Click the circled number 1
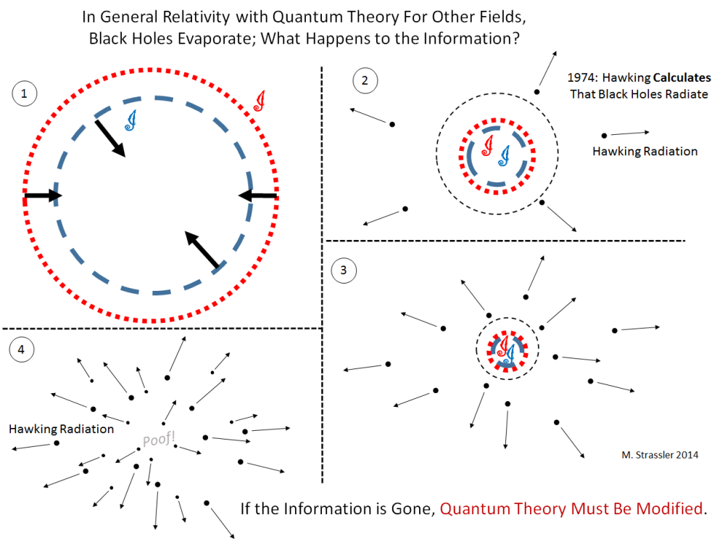pos(24,94)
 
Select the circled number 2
pos(365,81)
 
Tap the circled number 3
pos(344,270)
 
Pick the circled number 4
pos(21,350)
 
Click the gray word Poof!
pos(159,439)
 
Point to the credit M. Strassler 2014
pos(660,456)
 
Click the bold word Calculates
pos(682,78)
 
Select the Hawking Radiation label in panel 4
pos(62,429)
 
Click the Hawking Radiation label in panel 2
pos(645,152)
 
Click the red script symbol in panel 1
pos(260,102)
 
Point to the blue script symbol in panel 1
pos(131,120)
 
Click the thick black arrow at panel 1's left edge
pos(43,196)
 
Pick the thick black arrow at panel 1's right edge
pos(258,196)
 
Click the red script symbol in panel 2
pos(488,145)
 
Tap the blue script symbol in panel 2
pos(505,155)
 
